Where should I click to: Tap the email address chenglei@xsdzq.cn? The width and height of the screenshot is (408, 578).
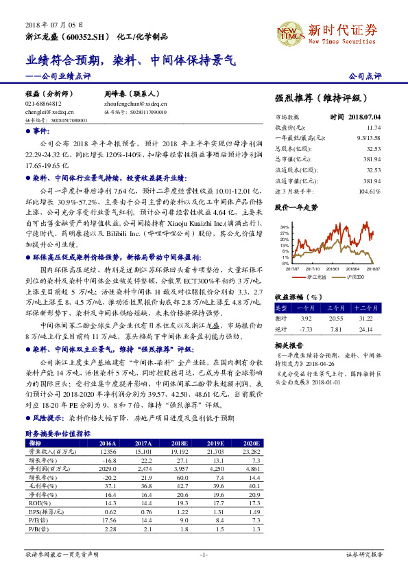coord(43,111)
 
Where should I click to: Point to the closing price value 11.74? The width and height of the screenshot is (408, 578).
coord(374,128)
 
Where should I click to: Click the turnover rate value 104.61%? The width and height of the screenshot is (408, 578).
coord(369,190)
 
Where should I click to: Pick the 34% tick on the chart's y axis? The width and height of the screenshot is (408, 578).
coord(285,226)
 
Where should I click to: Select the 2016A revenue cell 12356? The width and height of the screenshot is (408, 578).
coord(109,451)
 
